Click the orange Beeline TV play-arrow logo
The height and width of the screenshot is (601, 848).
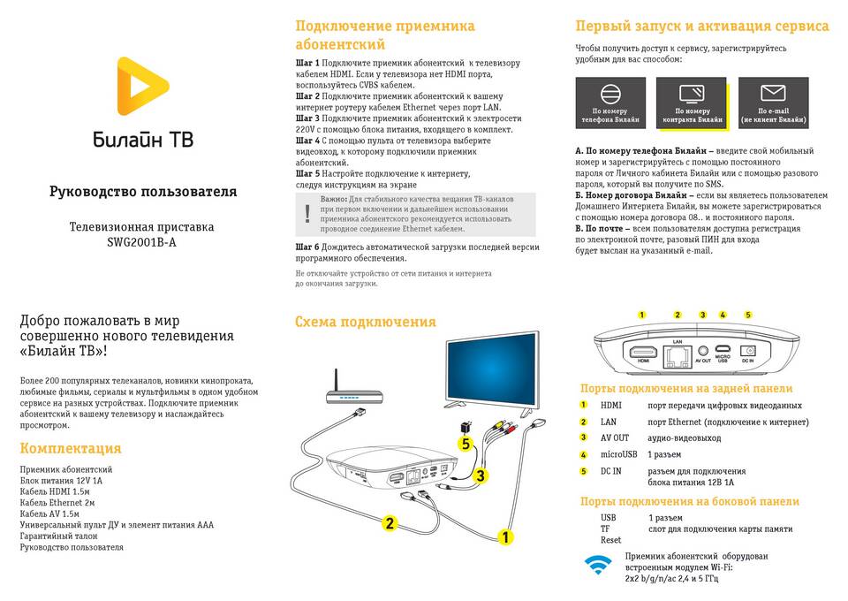(x=142, y=92)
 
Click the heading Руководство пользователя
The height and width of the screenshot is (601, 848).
(x=142, y=191)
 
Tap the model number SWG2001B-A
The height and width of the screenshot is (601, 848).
(x=142, y=242)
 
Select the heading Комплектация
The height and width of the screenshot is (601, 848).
(x=71, y=448)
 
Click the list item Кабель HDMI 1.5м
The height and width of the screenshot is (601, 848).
(x=55, y=491)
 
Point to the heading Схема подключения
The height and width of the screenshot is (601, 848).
(x=365, y=322)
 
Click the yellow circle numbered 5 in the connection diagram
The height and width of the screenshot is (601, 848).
(x=466, y=444)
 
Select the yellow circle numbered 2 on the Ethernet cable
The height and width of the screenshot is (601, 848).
(x=390, y=522)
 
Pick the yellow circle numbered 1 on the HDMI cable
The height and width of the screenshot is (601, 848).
(x=506, y=536)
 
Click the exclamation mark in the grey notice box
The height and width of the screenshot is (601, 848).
(x=307, y=213)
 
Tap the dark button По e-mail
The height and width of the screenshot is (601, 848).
(x=773, y=103)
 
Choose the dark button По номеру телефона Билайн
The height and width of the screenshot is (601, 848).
(x=610, y=103)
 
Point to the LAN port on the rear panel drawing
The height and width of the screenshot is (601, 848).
(x=678, y=355)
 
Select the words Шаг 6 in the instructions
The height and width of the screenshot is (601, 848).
(x=307, y=247)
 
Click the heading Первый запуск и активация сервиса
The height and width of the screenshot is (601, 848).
(x=701, y=26)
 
